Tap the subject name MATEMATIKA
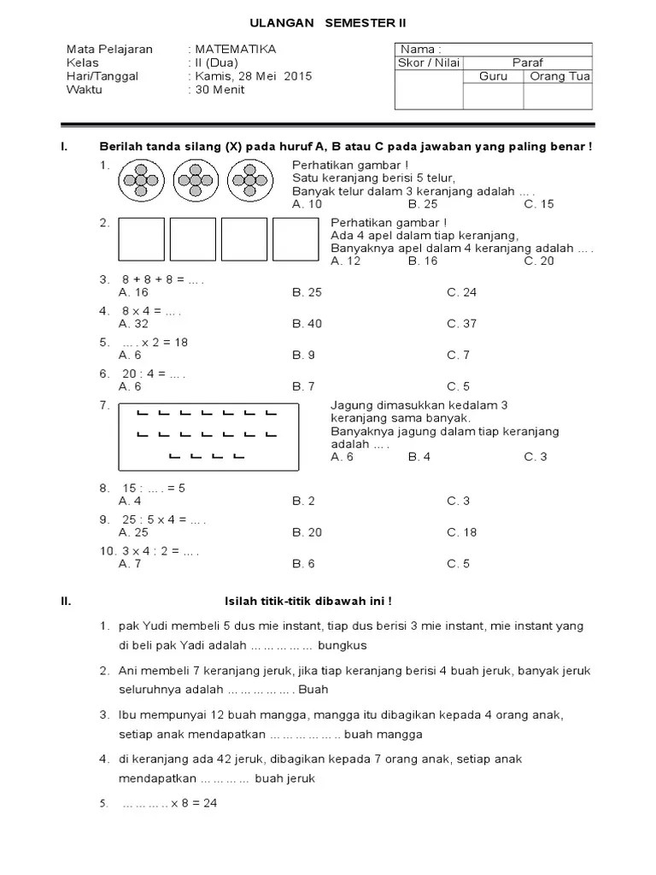[x=235, y=50]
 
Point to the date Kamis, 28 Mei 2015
[x=254, y=76]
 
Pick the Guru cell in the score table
[x=493, y=76]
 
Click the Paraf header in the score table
[x=527, y=62]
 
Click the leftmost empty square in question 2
[x=141, y=238]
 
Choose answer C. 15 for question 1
[x=539, y=204]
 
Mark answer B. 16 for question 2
[x=423, y=261]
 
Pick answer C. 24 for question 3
[x=462, y=292]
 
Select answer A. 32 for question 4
[x=134, y=324]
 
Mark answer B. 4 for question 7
[x=419, y=457]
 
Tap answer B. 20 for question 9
[x=307, y=532]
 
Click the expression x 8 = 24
[x=194, y=804]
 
